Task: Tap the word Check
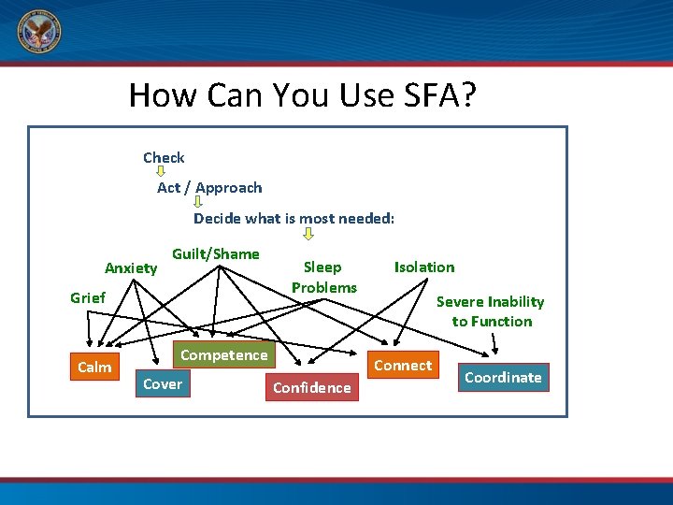pyautogui.click(x=164, y=158)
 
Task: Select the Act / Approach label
pyautogui.click(x=209, y=188)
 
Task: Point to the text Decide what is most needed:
pyautogui.click(x=294, y=219)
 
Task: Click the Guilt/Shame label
pyautogui.click(x=216, y=254)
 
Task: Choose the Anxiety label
pyautogui.click(x=131, y=268)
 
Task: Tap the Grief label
pyautogui.click(x=88, y=298)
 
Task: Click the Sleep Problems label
pyautogui.click(x=323, y=278)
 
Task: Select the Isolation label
pyautogui.click(x=424, y=267)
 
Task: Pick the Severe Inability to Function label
pyautogui.click(x=491, y=311)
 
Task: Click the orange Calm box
pyautogui.click(x=94, y=368)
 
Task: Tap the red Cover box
pyautogui.click(x=163, y=384)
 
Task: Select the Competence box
pyautogui.click(x=223, y=355)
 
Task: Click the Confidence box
pyautogui.click(x=311, y=388)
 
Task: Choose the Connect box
pyautogui.click(x=403, y=366)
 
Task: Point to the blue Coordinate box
pyautogui.click(x=503, y=378)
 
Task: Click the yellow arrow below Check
pyautogui.click(x=160, y=172)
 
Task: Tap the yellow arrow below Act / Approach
pyautogui.click(x=197, y=202)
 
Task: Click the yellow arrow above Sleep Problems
pyautogui.click(x=308, y=235)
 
